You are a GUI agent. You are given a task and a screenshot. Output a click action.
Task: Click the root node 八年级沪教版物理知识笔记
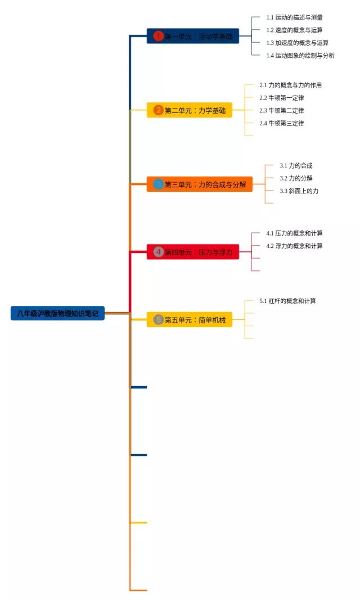[57, 313]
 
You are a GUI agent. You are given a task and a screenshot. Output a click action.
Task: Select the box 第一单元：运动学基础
[193, 36]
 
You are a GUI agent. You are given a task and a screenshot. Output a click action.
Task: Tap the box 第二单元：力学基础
[190, 110]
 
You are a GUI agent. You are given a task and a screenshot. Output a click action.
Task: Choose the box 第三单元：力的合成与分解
[199, 184]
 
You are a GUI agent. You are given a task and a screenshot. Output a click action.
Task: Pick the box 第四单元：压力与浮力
[193, 252]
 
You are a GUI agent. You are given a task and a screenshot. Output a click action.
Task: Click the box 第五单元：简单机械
[190, 319]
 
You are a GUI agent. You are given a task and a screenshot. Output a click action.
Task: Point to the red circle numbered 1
[158, 36]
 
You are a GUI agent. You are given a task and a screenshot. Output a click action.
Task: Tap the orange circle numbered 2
[158, 110]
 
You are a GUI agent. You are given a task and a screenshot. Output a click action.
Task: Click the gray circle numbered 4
[158, 252]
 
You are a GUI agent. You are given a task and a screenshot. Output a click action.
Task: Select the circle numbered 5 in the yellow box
[158, 319]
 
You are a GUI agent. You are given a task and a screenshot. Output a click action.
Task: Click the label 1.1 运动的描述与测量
[294, 17]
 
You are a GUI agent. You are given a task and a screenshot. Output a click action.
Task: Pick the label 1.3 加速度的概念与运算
[298, 43]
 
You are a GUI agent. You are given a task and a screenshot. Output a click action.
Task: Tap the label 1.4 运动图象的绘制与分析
[300, 55]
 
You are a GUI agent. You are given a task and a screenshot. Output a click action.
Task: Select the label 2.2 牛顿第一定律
[282, 98]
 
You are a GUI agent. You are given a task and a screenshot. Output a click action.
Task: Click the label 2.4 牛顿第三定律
[282, 123]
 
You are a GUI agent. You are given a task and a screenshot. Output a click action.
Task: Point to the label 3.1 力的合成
[296, 166]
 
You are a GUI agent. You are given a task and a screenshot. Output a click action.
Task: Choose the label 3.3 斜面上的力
[299, 191]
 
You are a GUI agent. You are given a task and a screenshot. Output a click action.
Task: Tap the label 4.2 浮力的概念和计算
[294, 246]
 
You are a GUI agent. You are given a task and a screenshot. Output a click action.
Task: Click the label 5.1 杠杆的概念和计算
[287, 301]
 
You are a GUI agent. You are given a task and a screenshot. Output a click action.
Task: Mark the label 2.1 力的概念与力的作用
[291, 85]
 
